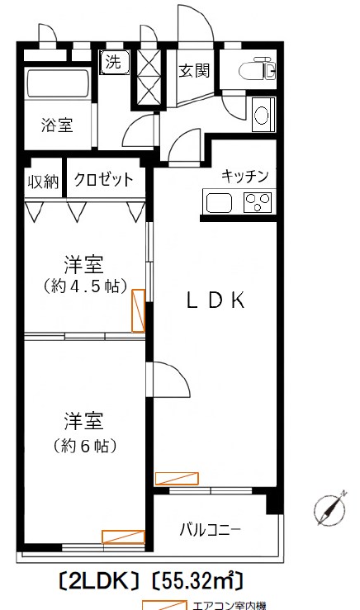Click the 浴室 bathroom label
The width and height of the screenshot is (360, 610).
tap(58, 125)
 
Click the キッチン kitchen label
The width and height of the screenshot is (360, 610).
tap(245, 175)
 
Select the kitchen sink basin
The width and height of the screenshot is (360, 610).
tap(220, 201)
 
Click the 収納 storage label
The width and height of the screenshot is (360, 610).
tap(44, 181)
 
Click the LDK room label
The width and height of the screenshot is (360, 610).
tap(214, 301)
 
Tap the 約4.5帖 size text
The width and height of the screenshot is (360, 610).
tap(83, 287)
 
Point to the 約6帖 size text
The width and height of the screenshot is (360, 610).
tap(83, 446)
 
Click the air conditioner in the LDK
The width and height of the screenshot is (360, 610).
tap(177, 478)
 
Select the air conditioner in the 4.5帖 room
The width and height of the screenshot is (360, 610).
tap(138, 310)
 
